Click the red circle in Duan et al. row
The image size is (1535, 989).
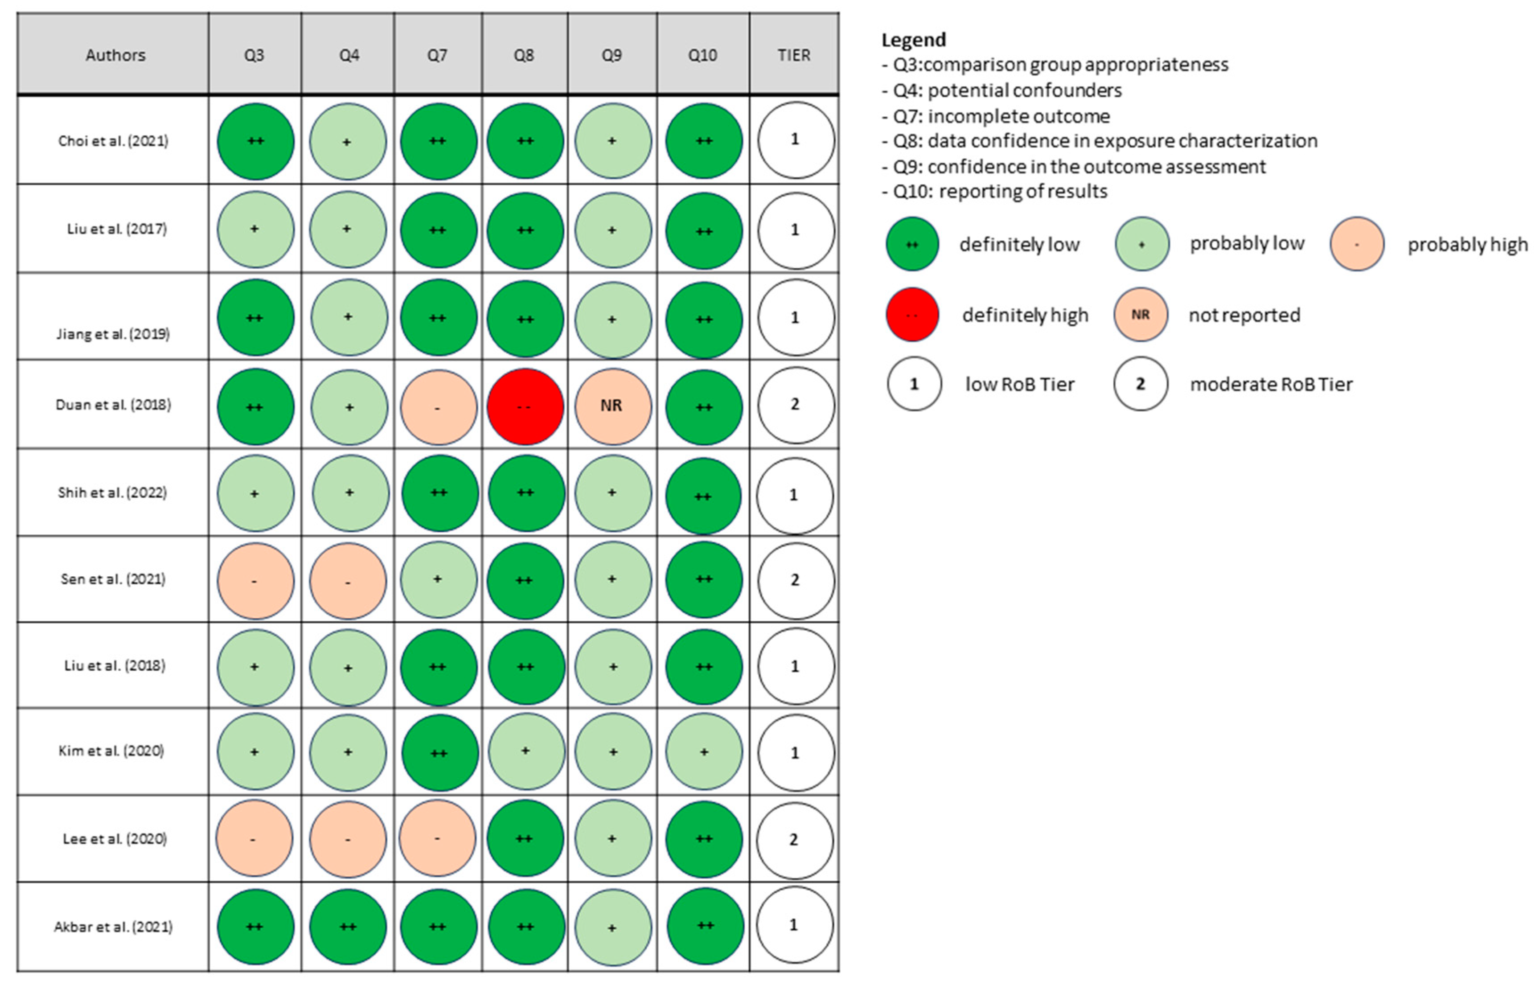pos(525,406)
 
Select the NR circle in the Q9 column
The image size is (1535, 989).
pos(612,406)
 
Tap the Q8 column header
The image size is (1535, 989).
pos(523,55)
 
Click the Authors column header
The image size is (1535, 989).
pos(115,55)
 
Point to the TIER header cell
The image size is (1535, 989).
pos(793,55)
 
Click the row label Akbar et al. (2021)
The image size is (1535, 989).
pos(113,926)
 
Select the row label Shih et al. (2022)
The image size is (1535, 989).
pos(112,492)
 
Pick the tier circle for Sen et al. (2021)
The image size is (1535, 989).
pos(795,580)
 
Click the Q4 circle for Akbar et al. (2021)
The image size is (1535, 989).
pos(348,926)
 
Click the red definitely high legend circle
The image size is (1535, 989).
pos(911,315)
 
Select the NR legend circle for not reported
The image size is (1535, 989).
pos(1140,315)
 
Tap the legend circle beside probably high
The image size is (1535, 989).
pos(1356,244)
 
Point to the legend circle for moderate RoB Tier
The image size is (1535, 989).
pos(1140,384)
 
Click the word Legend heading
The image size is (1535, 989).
pos(913,40)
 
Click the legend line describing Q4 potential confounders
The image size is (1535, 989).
pos(1006,90)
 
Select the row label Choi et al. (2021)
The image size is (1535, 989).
pos(113,141)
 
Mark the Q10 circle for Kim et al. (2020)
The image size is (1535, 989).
pos(703,751)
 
